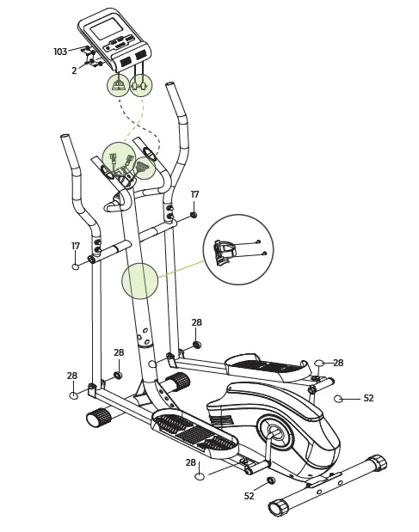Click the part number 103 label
60,52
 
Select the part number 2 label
74,71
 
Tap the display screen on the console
106,29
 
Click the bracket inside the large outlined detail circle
225,252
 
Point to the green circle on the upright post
139,281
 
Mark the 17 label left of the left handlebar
76,247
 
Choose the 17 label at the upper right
194,195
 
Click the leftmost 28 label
72,376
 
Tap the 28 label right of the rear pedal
337,364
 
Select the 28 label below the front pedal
191,462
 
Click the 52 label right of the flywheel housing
368,399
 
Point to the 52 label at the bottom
249,496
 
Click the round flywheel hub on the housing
275,432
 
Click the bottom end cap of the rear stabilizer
277,508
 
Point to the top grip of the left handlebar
69,151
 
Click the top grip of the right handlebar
176,100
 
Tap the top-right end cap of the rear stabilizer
377,462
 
